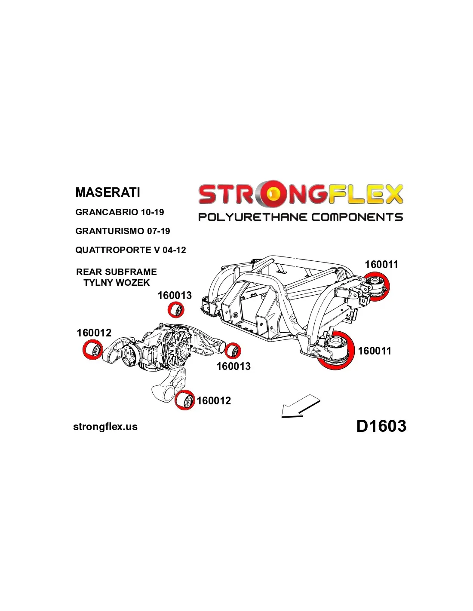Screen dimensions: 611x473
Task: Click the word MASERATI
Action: coord(107,192)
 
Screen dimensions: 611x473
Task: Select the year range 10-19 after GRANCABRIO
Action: coord(152,212)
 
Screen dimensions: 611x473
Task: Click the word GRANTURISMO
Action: coord(110,231)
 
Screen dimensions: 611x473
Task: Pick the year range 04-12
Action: coord(174,250)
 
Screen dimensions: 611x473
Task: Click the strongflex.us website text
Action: coord(105,427)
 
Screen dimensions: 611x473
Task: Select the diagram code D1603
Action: coord(381,426)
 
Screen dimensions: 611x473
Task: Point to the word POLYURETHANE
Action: coord(252,217)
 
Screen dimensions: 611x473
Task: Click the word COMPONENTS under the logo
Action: coord(357,217)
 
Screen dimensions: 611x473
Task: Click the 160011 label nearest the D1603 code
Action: coord(375,351)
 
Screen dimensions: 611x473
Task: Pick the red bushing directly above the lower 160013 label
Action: coord(233,351)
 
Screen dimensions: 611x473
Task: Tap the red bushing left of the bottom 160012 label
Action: coord(185,400)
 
